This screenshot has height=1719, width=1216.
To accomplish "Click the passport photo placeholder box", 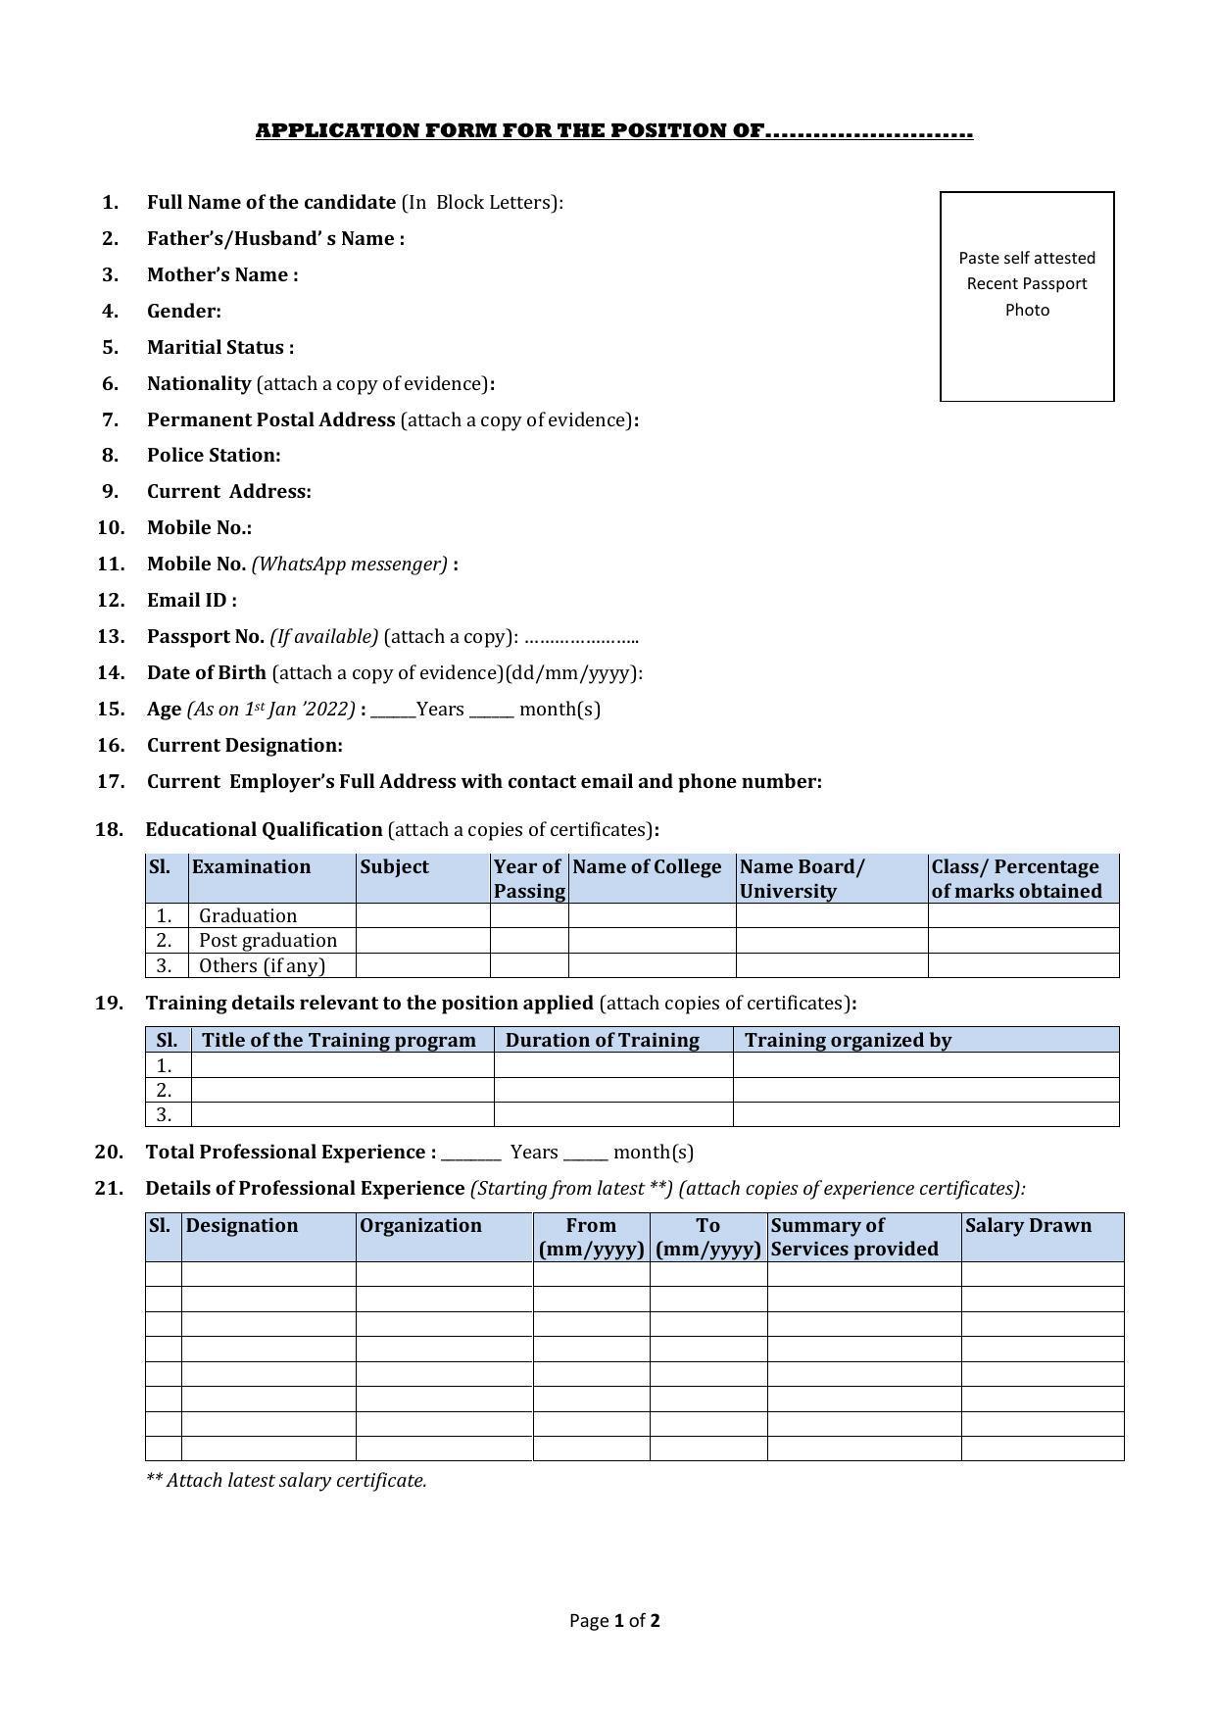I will (1026, 296).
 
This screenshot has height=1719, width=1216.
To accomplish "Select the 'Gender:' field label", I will (183, 312).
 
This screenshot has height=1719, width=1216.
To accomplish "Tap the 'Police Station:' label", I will (214, 456).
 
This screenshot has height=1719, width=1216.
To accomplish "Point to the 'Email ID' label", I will (191, 601).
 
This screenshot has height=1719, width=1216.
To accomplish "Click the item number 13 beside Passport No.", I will (111, 637).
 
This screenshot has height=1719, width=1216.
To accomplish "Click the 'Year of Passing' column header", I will (529, 879).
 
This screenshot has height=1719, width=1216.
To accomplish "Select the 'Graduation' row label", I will (247, 916).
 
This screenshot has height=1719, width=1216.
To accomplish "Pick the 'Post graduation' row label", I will (268, 941).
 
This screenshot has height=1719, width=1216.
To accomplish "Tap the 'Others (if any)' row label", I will (262, 966).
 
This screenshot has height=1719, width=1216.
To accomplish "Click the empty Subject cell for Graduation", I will (422, 916).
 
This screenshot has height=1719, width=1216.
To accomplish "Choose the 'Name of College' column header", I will (647, 867).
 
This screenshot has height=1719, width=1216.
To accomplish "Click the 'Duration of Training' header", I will (602, 1041).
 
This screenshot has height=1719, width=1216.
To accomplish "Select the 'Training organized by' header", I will (848, 1041).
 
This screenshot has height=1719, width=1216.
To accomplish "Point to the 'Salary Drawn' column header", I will (1028, 1226).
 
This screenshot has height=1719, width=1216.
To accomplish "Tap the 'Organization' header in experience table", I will (420, 1226).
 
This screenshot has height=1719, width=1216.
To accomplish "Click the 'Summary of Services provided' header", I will (853, 1237).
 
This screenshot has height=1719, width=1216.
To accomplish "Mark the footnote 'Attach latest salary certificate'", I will (286, 1481).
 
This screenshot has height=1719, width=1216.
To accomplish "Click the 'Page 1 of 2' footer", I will (614, 1621).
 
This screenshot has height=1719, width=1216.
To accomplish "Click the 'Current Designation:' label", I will (244, 746).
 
